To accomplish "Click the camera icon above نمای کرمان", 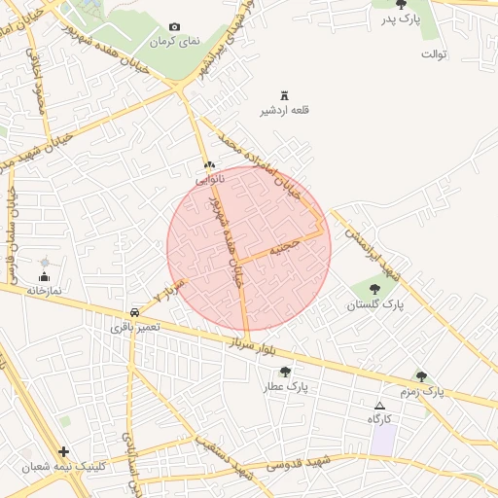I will pyautogui.click(x=174, y=27).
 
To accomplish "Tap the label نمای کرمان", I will pyautogui.click(x=174, y=43).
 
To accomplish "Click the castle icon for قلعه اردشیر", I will pyautogui.click(x=285, y=95).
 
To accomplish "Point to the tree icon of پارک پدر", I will pyautogui.click(x=402, y=5).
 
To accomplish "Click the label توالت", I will pyautogui.click(x=434, y=53).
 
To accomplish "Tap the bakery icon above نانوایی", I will pyautogui.click(x=209, y=165).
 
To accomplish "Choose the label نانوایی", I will pyautogui.click(x=210, y=180).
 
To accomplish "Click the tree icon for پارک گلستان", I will pyautogui.click(x=375, y=289).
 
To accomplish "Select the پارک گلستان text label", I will pyautogui.click(x=375, y=304).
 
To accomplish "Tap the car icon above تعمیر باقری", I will pyautogui.click(x=133, y=312).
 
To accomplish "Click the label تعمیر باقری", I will pyautogui.click(x=129, y=328).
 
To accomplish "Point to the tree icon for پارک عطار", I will pyautogui.click(x=285, y=372).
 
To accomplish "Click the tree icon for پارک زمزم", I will pyautogui.click(x=421, y=376).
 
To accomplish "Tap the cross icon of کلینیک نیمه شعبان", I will pyautogui.click(x=64, y=451).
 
